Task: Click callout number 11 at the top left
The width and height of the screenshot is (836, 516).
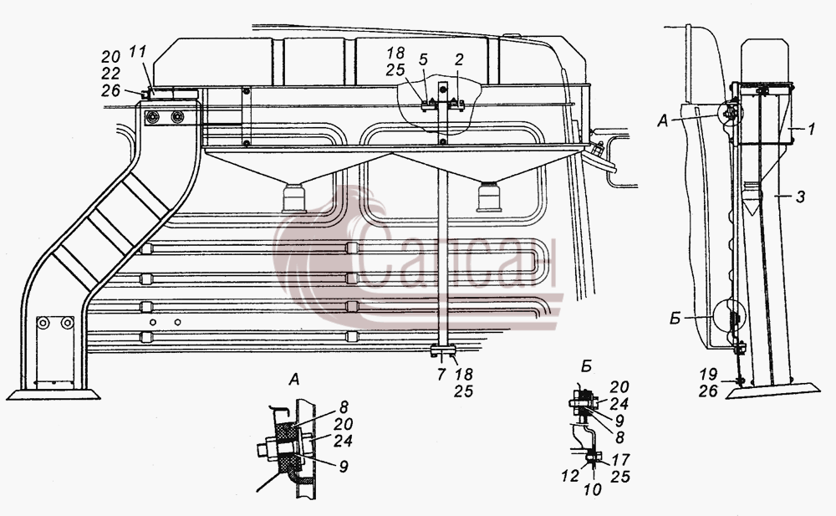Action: point(137,54)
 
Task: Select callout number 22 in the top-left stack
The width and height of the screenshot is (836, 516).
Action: point(110,74)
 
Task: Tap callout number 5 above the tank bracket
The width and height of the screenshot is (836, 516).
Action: point(423,59)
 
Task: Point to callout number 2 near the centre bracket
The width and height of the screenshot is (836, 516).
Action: point(460,59)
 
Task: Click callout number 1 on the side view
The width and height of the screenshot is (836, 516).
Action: point(811,129)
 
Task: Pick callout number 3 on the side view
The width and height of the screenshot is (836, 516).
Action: point(800,197)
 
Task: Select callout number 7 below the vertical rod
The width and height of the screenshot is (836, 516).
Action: point(441,375)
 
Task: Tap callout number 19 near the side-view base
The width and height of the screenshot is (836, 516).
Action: point(708,374)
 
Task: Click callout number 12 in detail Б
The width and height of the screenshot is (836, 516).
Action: point(570,476)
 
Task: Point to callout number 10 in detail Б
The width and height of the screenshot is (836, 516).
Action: point(593,488)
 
